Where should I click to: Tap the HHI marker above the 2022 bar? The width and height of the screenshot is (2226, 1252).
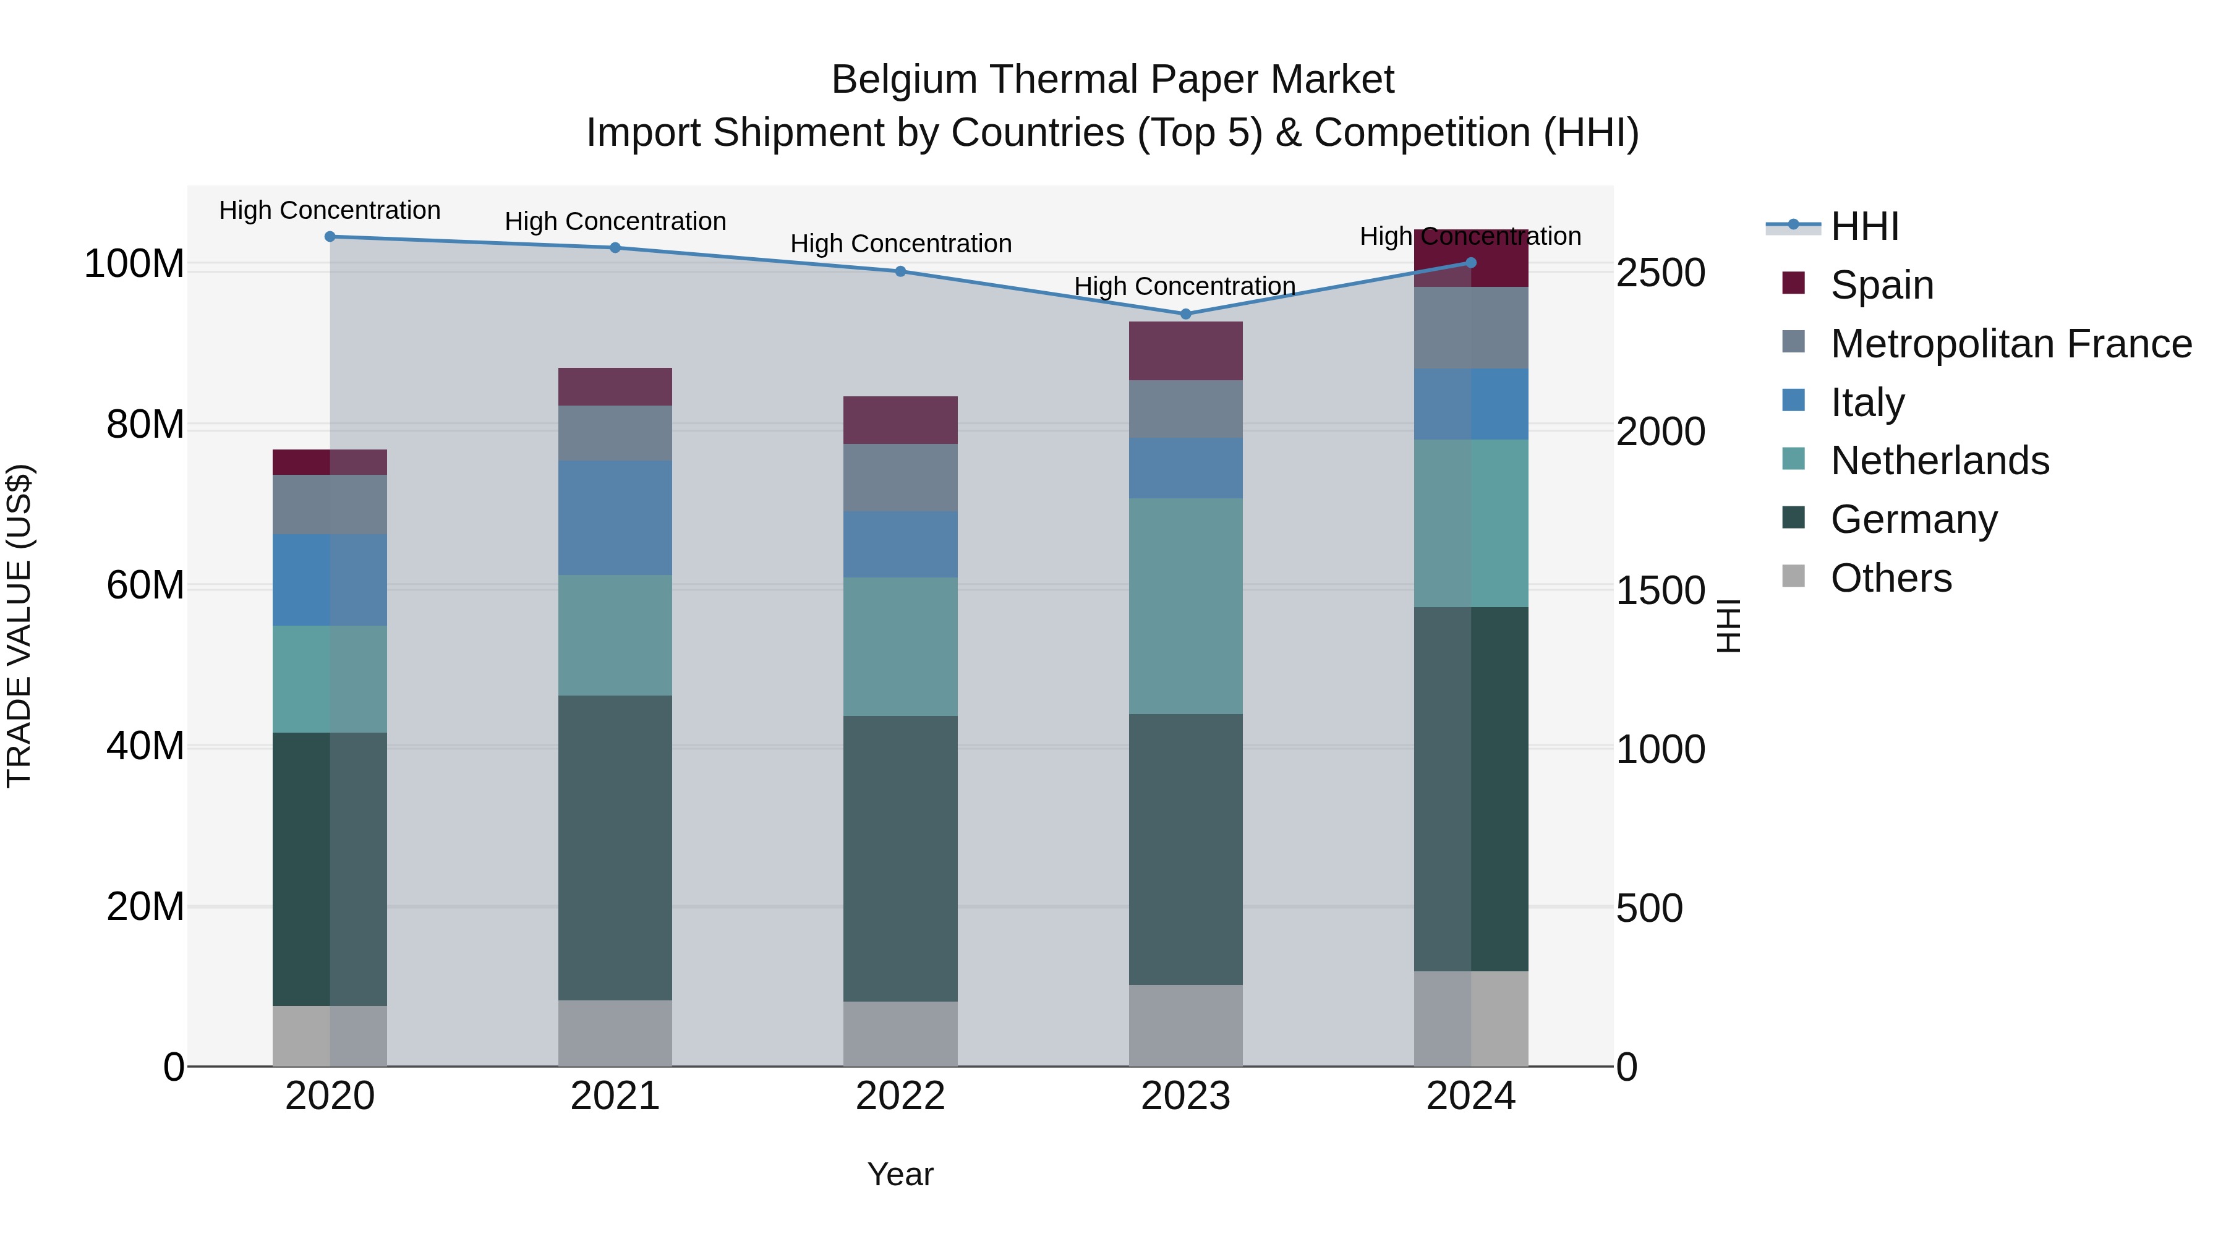(900, 271)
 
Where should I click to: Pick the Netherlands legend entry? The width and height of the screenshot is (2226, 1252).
(1939, 461)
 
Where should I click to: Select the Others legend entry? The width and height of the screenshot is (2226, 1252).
(1891, 578)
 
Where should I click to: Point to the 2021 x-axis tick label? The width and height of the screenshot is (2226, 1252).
(615, 1096)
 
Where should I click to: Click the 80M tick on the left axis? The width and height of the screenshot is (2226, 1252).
(145, 425)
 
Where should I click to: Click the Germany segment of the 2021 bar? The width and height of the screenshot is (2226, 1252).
(615, 847)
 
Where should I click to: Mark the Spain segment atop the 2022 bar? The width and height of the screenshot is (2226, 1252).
(900, 420)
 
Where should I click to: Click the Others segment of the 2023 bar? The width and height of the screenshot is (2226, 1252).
(1185, 1026)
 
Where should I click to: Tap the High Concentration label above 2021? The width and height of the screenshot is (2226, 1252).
(615, 221)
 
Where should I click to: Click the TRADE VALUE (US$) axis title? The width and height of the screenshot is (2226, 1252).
(19, 626)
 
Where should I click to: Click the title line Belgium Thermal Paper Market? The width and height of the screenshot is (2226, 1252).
(1112, 80)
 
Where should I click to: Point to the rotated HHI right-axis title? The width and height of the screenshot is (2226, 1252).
(1728, 626)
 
